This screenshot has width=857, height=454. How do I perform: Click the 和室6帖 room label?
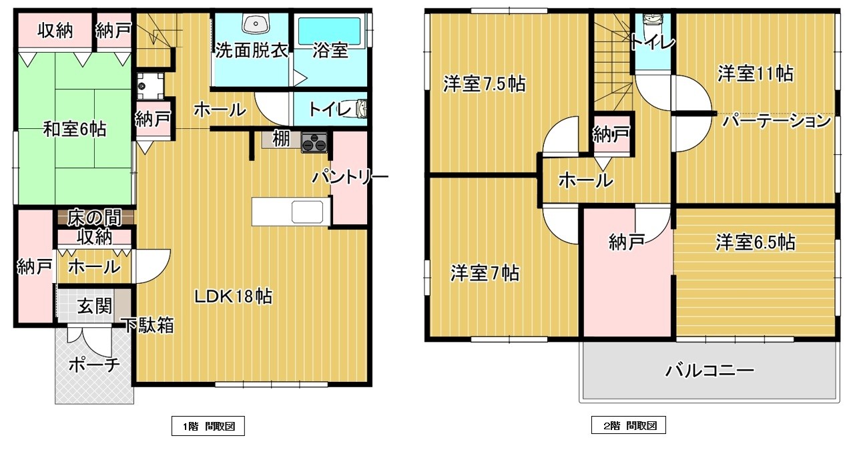tap(74, 129)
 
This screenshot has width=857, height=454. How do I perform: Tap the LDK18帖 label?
tap(234, 296)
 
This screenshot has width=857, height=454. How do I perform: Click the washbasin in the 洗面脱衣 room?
tap(256, 24)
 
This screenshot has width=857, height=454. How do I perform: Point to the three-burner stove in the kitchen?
tap(314, 143)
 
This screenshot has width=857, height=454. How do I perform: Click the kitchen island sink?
tap(307, 212)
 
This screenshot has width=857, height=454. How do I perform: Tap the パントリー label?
tap(350, 177)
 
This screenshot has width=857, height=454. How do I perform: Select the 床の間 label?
tap(95, 218)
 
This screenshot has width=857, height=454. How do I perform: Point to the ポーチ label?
tap(95, 365)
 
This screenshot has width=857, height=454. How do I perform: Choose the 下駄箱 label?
tap(148, 325)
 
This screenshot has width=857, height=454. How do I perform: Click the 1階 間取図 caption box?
tap(208, 426)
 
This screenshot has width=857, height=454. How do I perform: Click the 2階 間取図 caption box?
tap(629, 425)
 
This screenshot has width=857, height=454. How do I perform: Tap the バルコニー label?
tap(709, 371)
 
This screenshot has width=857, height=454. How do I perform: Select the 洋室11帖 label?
tap(756, 73)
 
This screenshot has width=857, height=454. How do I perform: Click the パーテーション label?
tap(776, 121)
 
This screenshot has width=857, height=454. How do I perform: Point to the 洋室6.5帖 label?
tap(756, 242)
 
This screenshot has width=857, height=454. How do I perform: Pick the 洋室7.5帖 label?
tap(485, 83)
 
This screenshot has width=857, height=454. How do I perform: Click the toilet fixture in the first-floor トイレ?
tap(361, 108)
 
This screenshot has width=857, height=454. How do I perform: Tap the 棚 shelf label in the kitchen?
tap(281, 139)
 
